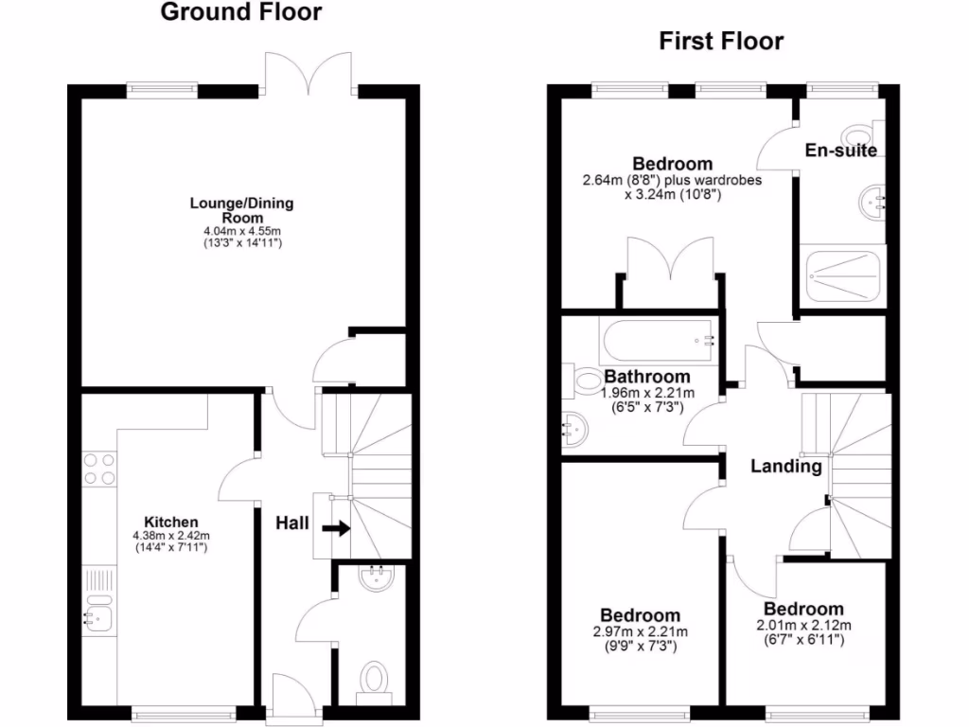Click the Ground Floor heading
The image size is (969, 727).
click(x=240, y=12)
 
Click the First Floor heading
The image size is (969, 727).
click(x=721, y=41)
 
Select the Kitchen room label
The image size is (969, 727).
click(x=170, y=522)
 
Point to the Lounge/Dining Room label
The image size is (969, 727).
click(x=241, y=209)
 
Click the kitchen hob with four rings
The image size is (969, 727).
click(x=99, y=470)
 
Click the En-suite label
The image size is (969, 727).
click(x=840, y=151)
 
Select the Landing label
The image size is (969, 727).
click(x=785, y=466)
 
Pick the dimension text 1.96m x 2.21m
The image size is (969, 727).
click(x=648, y=393)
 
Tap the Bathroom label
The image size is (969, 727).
click(x=648, y=377)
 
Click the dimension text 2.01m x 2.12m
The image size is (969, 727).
click(x=803, y=625)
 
